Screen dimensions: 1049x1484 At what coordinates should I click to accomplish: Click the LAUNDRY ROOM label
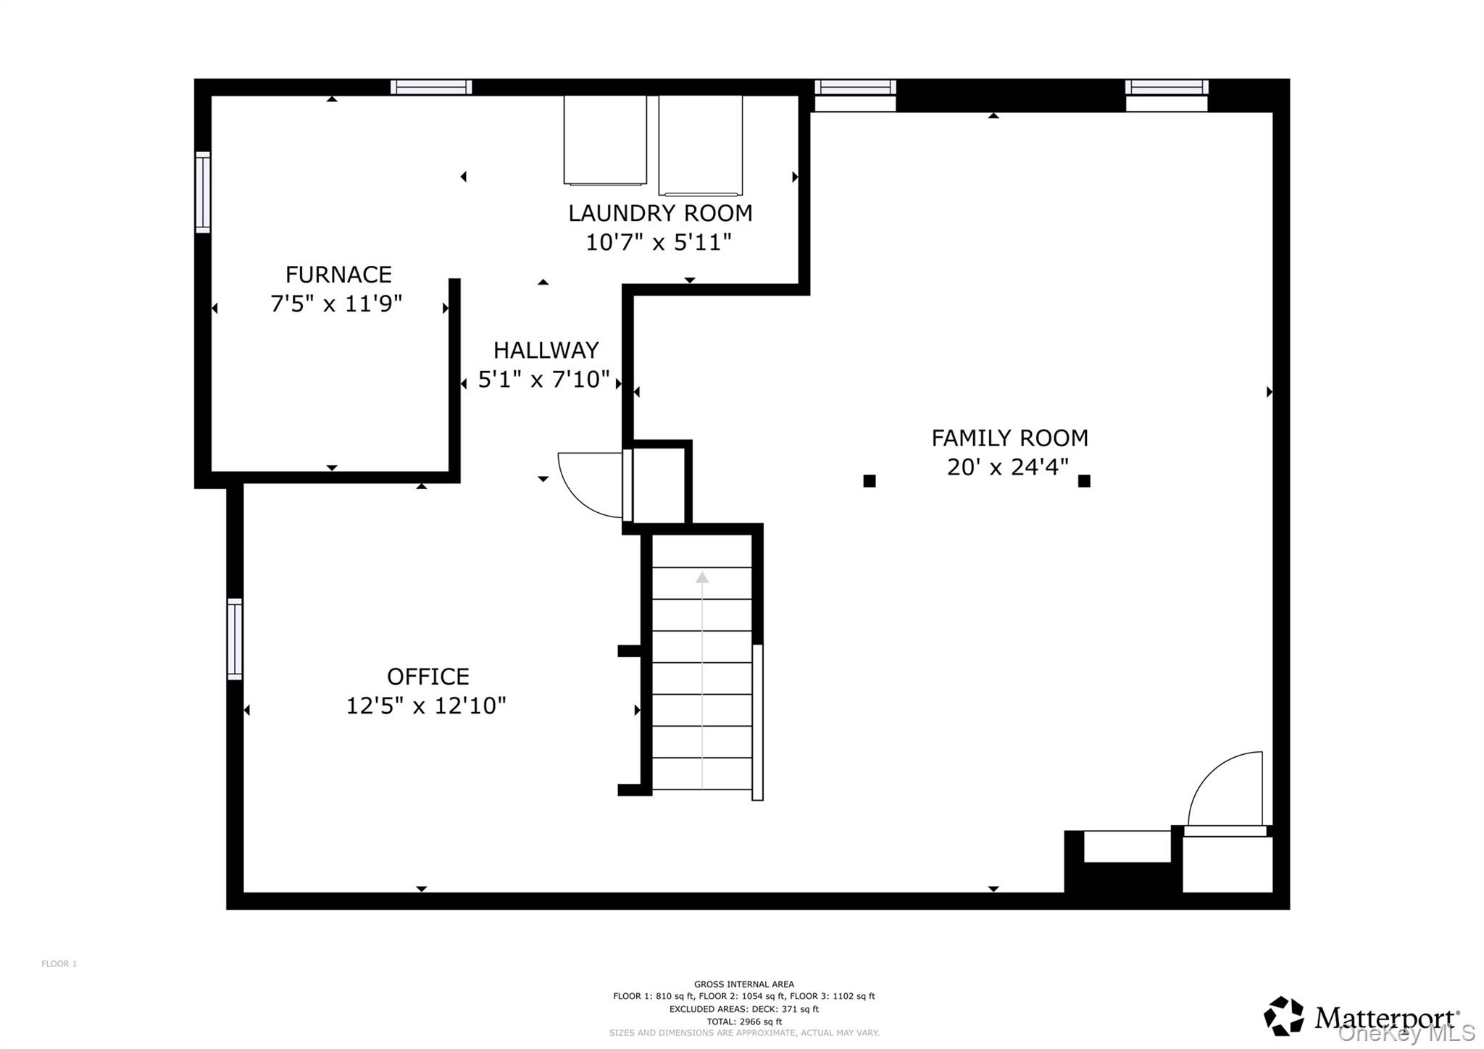(x=660, y=213)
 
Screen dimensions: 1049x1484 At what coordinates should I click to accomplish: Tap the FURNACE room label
(x=338, y=275)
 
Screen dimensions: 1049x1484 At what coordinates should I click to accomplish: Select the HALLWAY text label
(x=546, y=350)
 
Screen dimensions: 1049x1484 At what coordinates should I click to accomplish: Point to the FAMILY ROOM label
(x=1009, y=438)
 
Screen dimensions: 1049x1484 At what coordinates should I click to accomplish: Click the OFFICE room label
(x=428, y=676)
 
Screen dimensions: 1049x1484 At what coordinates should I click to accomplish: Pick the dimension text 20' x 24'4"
(x=1007, y=467)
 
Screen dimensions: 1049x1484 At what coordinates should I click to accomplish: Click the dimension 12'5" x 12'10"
(x=426, y=705)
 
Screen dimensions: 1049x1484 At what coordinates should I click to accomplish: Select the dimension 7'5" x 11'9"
(x=335, y=303)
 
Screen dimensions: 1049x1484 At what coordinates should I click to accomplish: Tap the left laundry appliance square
(x=605, y=140)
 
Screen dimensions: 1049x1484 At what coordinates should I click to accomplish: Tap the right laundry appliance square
(x=700, y=145)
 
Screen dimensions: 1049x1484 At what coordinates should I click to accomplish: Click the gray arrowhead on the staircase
(x=701, y=577)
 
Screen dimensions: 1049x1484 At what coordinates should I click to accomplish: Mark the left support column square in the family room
(x=870, y=480)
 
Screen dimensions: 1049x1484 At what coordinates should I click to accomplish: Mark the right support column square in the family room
(x=1084, y=480)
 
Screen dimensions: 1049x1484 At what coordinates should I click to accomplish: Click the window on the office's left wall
(x=234, y=639)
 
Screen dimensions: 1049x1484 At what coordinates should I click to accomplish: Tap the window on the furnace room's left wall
(x=203, y=192)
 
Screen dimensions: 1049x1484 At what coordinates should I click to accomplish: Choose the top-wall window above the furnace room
(x=431, y=87)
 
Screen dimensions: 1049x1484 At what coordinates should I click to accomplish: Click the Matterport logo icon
(x=1283, y=1016)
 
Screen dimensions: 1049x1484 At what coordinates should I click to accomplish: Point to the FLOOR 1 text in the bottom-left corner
(x=59, y=964)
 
